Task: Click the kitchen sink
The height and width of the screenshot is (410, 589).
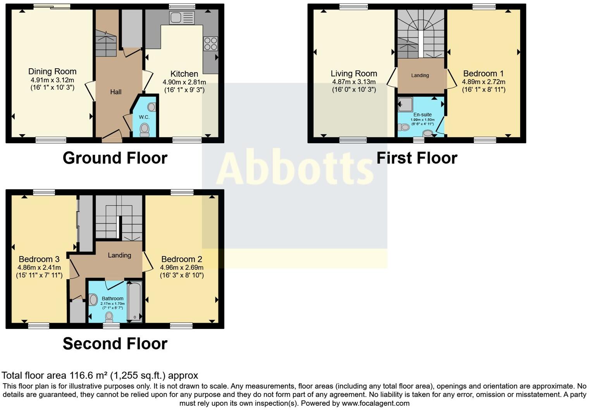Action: click(x=182, y=18)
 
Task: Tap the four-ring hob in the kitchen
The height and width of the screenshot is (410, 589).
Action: click(x=210, y=43)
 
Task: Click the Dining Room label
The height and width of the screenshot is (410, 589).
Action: click(x=52, y=71)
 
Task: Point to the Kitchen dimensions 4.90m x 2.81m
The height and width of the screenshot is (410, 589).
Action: click(x=184, y=82)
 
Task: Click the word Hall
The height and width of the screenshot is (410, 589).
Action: click(x=115, y=92)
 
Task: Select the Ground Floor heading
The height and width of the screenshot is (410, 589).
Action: click(x=115, y=158)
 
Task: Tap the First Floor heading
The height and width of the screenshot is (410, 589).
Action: click(x=417, y=158)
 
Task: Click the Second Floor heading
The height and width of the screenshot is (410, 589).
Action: click(x=115, y=344)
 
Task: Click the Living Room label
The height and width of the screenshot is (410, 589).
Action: click(x=354, y=74)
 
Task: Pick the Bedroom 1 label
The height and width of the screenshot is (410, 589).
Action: click(x=483, y=74)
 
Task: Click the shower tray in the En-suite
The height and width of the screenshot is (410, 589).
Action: click(x=405, y=104)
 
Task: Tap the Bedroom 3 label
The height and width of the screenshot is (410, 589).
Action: click(x=39, y=259)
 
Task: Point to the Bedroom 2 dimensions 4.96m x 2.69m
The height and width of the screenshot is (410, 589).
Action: click(x=182, y=267)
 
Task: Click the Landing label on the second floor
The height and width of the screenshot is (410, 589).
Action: click(x=119, y=255)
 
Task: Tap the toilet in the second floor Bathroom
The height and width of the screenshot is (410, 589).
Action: click(x=109, y=317)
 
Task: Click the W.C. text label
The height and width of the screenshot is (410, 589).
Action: click(x=144, y=117)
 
